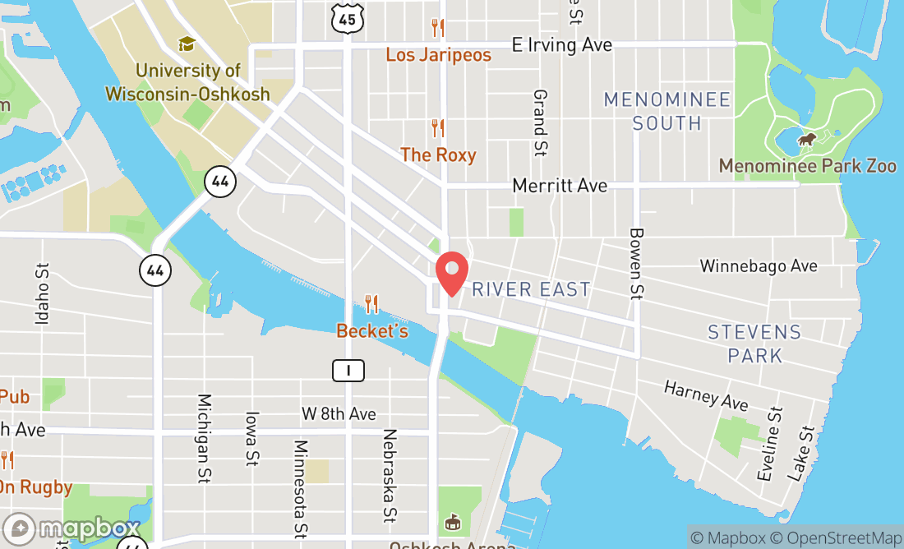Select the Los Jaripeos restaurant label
tap(438, 55)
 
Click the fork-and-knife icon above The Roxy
tap(438, 128)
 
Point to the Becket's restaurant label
tap(372, 331)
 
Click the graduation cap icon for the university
tap(187, 44)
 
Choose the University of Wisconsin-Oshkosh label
tap(187, 82)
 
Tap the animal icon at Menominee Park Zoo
tap(807, 140)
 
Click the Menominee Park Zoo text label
tap(807, 166)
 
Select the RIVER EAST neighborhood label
tap(531, 289)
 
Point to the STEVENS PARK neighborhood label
tap(754, 344)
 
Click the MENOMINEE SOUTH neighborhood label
tap(666, 112)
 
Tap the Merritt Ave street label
tap(560, 186)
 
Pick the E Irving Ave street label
tap(562, 45)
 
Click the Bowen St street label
tap(635, 262)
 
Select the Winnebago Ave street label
tap(759, 266)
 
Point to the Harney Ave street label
tap(706, 395)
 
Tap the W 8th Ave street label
tap(339, 413)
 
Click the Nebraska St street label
tap(390, 475)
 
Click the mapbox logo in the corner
tap(71, 528)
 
